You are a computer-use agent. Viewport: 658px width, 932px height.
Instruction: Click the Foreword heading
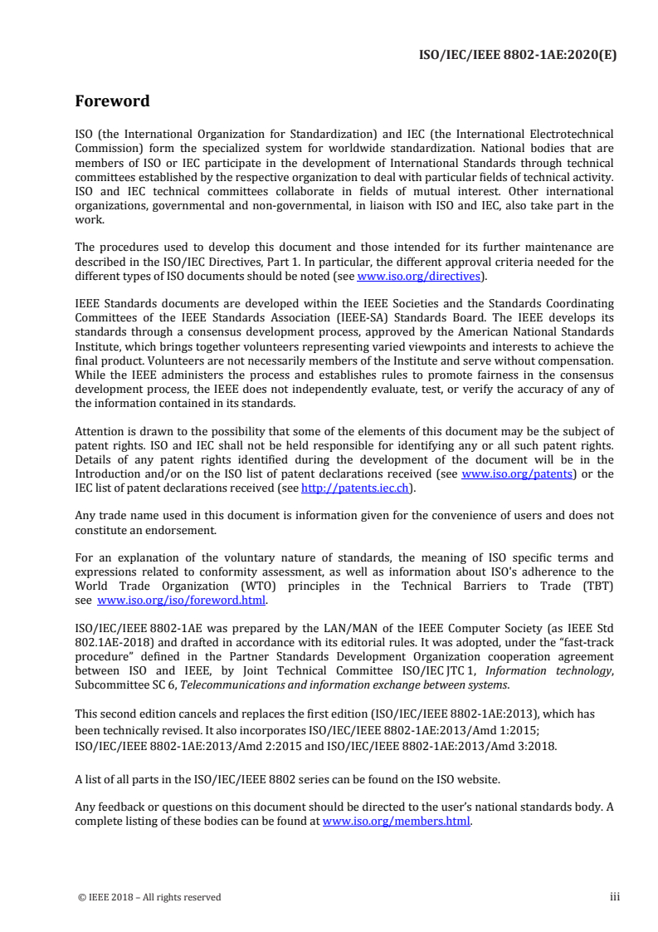pyautogui.click(x=112, y=101)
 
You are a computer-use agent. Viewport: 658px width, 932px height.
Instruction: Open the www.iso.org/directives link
pyautogui.click(x=418, y=277)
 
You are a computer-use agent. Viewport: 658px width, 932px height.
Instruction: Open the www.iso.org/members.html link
pyautogui.click(x=396, y=822)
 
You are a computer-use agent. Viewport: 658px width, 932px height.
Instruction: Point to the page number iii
pyautogui.click(x=615, y=896)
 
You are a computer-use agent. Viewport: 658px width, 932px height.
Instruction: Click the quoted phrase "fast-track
pyautogui.click(x=580, y=643)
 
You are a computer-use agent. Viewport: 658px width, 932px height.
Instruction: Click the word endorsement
pyautogui.click(x=179, y=529)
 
